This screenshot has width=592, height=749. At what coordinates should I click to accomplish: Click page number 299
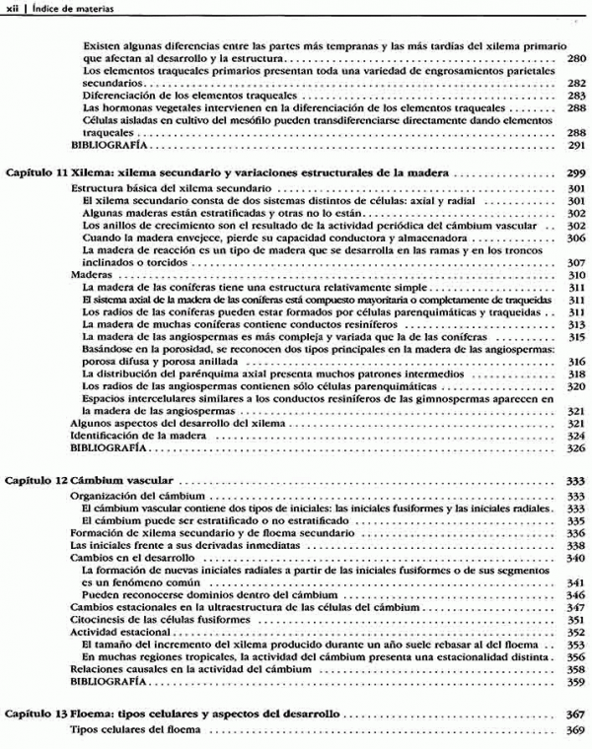click(577, 172)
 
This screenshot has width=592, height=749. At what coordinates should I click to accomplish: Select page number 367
click(577, 713)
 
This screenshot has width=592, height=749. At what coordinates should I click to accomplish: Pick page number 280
click(577, 59)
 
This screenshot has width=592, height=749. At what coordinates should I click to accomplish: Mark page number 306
click(577, 238)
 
